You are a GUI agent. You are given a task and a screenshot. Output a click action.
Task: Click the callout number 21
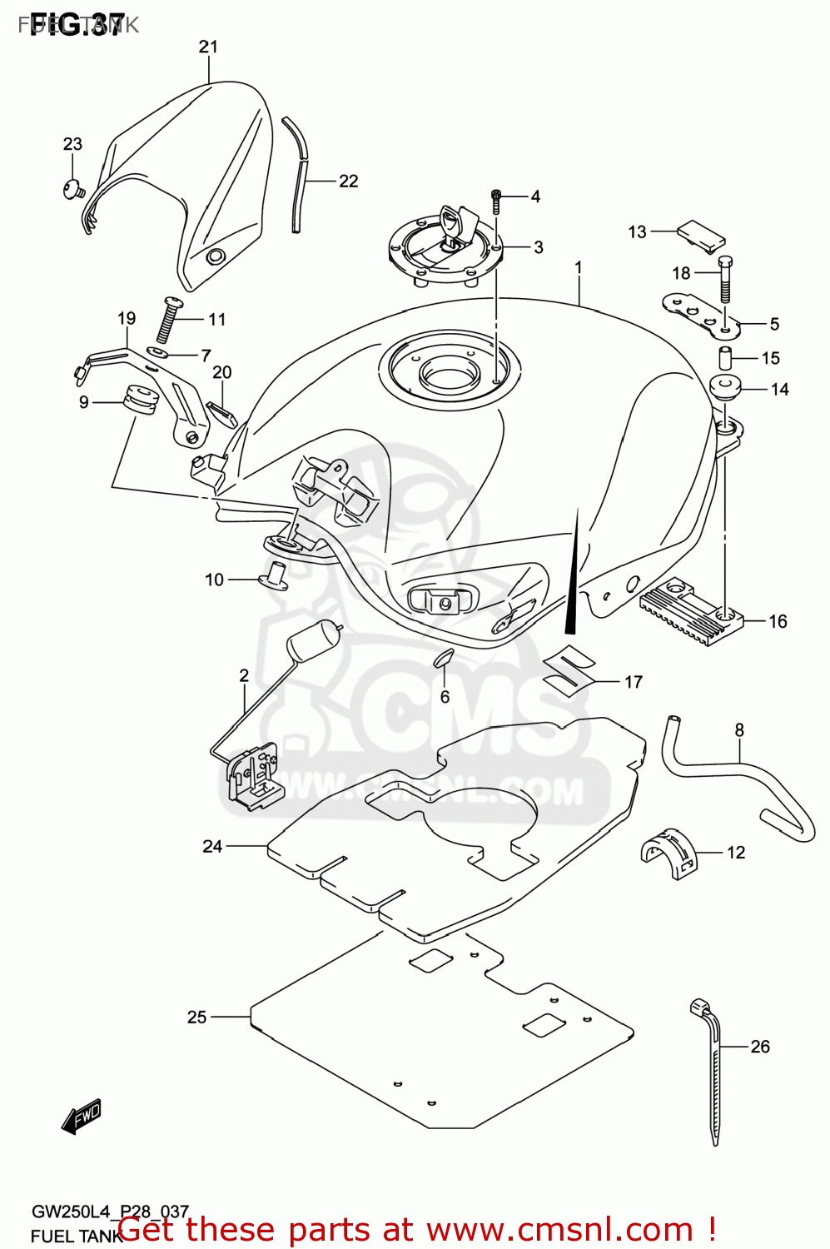click(208, 47)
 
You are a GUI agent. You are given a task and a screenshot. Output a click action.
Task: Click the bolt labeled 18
click(725, 278)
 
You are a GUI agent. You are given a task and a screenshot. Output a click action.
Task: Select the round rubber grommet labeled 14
click(725, 389)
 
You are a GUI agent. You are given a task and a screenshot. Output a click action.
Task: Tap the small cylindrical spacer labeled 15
click(725, 358)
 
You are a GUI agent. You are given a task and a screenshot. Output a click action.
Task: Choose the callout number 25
click(196, 1017)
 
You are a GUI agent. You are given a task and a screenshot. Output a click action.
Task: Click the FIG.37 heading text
click(77, 25)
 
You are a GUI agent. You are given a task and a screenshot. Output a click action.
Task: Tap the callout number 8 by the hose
click(739, 730)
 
